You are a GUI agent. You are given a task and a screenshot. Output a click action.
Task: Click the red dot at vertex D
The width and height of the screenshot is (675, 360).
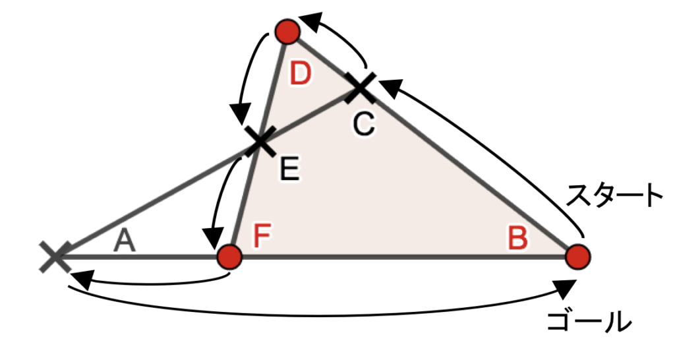point(287,30)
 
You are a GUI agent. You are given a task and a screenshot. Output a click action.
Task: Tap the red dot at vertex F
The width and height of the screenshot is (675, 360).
point(229,256)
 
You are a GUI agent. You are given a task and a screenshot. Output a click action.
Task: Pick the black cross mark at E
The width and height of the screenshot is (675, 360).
point(258,140)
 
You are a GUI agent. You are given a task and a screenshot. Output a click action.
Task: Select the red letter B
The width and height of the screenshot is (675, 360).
point(517,239)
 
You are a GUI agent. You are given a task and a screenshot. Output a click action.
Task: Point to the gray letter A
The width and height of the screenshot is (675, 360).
point(125,242)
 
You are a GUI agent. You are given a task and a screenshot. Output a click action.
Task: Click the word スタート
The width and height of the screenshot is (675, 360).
point(614,196)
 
